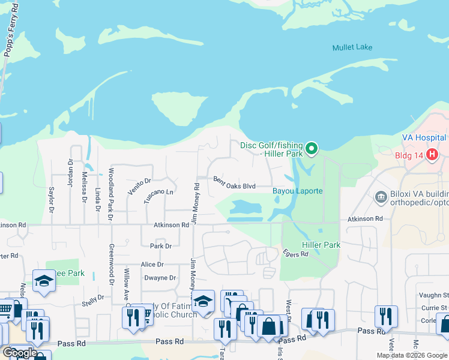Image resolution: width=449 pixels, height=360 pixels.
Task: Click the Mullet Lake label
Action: click(352, 47)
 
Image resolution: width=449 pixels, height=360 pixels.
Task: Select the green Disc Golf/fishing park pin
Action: click(311, 148)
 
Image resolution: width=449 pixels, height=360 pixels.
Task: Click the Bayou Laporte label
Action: click(298, 191)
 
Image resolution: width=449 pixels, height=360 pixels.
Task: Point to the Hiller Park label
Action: click(322, 245)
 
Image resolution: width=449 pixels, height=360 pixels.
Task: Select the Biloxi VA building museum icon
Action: click(379, 197)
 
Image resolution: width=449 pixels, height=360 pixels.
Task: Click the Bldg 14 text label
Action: click(409, 155)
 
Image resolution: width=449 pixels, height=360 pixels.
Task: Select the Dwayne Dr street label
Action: click(160, 278)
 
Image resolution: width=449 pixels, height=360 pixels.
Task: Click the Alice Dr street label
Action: click(152, 264)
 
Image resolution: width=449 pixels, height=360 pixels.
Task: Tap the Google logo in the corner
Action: click(19, 353)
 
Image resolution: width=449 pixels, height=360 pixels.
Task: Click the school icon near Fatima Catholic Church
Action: click(203, 301)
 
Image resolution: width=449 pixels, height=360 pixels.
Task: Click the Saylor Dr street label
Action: click(52, 199)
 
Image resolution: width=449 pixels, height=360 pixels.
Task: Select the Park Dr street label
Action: click(160, 246)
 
